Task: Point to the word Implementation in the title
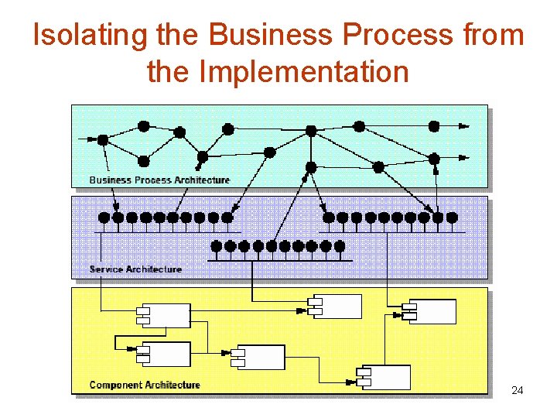tap(303, 72)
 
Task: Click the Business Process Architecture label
tap(159, 180)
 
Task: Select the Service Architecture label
tap(135, 269)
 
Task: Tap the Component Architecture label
tap(145, 385)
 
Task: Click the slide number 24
tap(518, 390)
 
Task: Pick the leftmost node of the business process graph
tap(103, 140)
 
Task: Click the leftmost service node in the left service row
tap(104, 218)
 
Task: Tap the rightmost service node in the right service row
tap(452, 218)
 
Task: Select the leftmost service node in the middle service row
tap(217, 246)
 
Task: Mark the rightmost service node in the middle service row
tap(339, 246)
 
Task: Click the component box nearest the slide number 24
tap(384, 377)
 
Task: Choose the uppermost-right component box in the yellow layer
tap(429, 311)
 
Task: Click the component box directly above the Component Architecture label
tap(164, 354)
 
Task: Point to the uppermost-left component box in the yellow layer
tap(164, 315)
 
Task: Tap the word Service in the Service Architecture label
tap(107, 269)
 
